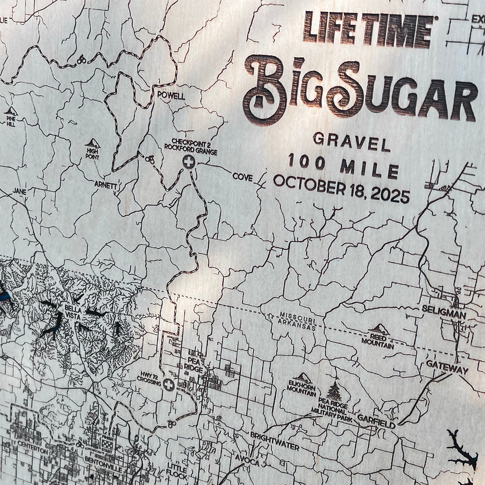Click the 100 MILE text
click(344, 166)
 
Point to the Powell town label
click(171, 96)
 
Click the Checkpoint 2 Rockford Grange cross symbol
click(189, 162)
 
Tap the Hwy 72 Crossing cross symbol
click(169, 385)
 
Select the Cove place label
click(242, 177)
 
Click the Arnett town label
click(106, 184)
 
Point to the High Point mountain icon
click(93, 144)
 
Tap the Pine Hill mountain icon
click(11, 111)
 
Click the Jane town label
click(20, 191)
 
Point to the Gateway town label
click(447, 366)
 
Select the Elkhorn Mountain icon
click(303, 378)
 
